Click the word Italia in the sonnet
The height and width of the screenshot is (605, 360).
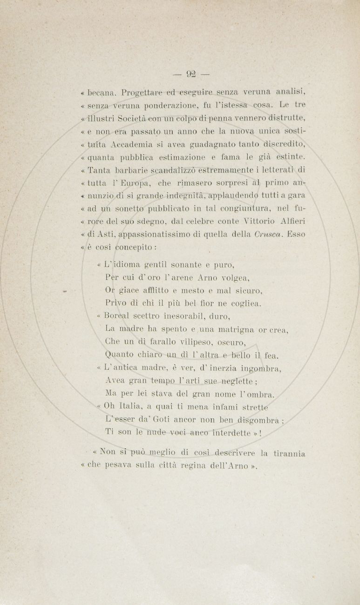tap(134, 408)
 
